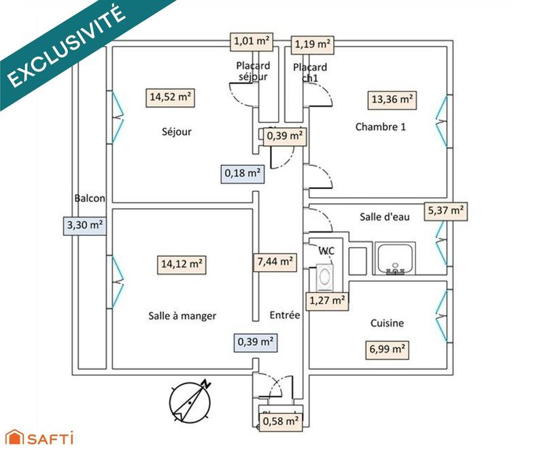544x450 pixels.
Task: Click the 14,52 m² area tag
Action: point(170,97)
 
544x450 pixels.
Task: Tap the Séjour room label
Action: point(177,132)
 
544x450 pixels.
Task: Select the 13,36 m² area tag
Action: point(392,100)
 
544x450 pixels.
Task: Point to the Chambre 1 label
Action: point(381,126)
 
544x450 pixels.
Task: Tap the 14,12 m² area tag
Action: point(180,264)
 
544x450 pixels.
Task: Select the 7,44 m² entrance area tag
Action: point(275,260)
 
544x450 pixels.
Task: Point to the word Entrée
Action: point(285,315)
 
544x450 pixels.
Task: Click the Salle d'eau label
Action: point(384,216)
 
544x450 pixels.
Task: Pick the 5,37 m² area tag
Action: point(445,211)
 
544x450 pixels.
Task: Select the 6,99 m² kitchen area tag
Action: point(387,350)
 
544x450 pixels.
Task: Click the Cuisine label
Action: point(387,324)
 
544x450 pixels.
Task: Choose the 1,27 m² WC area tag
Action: point(327,299)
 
